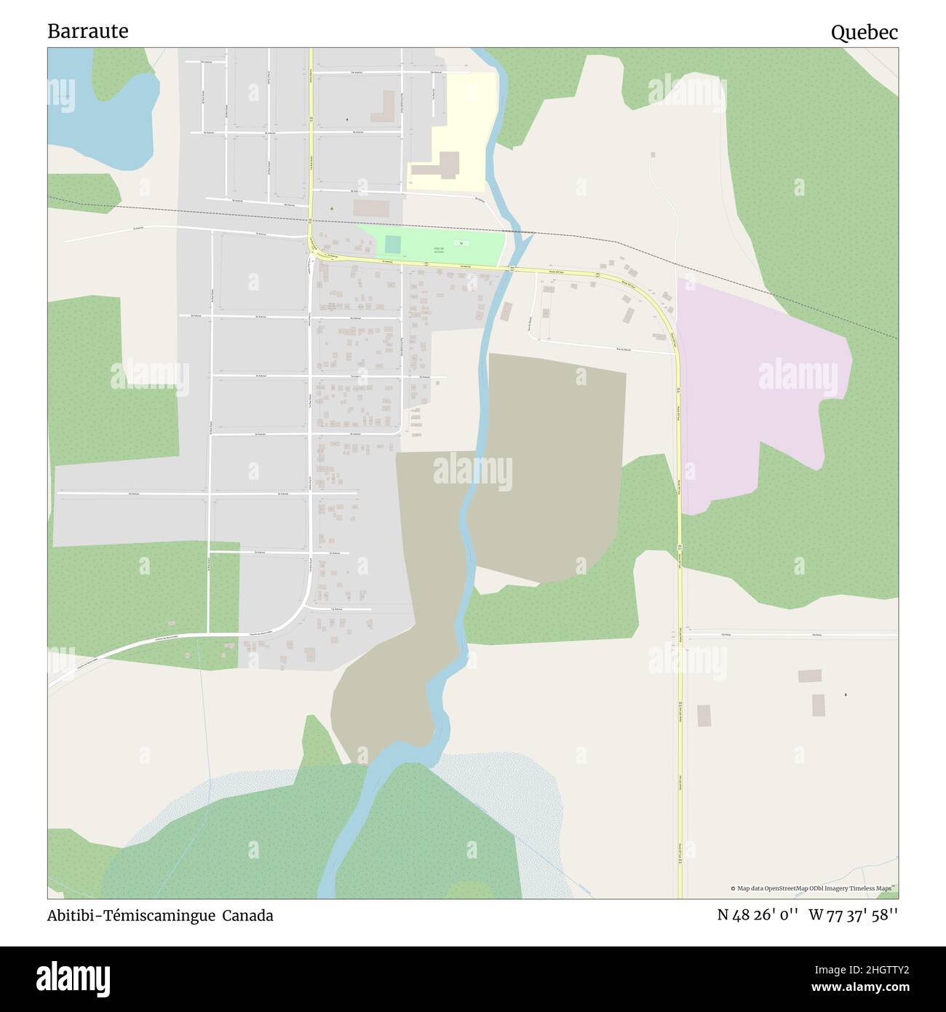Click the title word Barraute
point(87,31)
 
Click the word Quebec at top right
point(864,32)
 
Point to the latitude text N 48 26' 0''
point(759,915)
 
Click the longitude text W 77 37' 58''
point(853,915)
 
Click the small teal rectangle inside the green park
point(393,242)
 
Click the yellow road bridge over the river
point(501,270)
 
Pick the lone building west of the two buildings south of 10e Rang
point(703,715)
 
